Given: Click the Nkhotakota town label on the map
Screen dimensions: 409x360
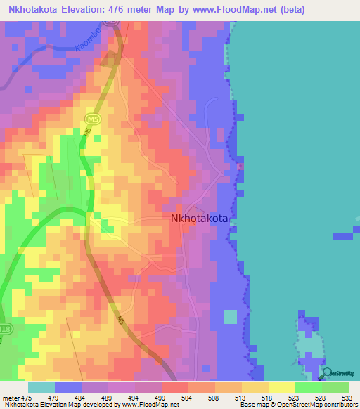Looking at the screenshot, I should (200, 219).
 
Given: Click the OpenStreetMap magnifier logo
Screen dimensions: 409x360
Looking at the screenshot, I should (326, 372).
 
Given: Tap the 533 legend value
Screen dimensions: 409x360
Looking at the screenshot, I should (347, 398).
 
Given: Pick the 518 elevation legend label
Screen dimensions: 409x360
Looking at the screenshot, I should (268, 398).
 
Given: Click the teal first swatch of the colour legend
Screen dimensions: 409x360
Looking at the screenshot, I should (41, 387).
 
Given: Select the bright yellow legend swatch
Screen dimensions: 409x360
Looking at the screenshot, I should (281, 387).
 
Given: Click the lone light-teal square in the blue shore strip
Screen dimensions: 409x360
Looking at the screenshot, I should (230, 317).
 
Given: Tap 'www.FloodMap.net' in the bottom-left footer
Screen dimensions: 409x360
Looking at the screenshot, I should (134, 405).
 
